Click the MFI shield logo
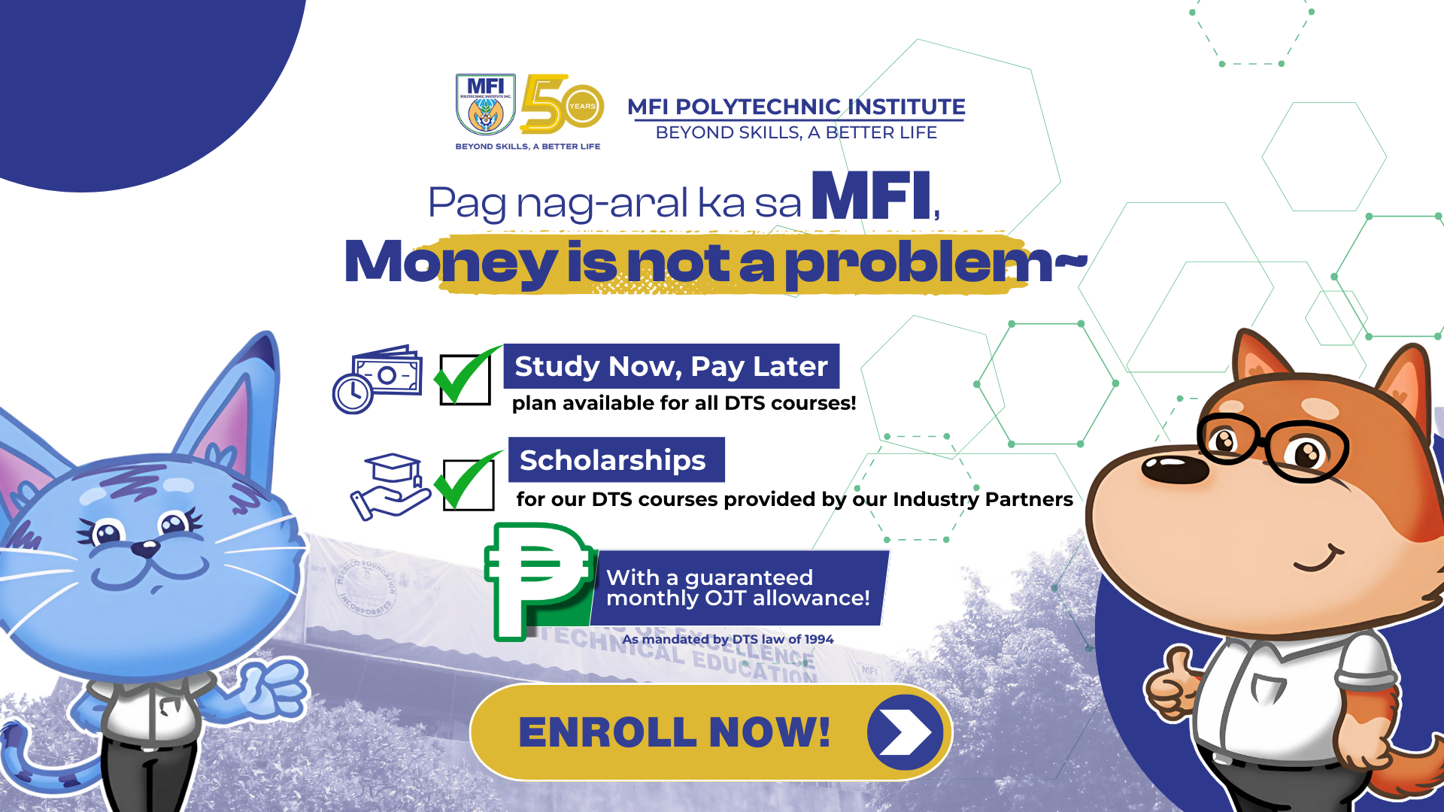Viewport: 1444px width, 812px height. [485, 105]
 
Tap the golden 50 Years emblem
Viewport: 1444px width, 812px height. [562, 104]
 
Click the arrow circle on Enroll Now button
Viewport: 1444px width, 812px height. [904, 732]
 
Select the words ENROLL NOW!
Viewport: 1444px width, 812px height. [674, 732]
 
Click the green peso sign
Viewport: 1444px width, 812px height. [535, 579]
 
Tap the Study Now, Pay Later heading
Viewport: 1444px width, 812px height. [671, 366]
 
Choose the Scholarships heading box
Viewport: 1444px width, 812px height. [616, 460]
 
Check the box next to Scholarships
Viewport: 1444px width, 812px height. [468, 483]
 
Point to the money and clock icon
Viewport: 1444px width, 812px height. [378, 379]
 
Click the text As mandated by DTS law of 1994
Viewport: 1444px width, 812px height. [727, 640]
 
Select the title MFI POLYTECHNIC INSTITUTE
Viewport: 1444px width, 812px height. [796, 107]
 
